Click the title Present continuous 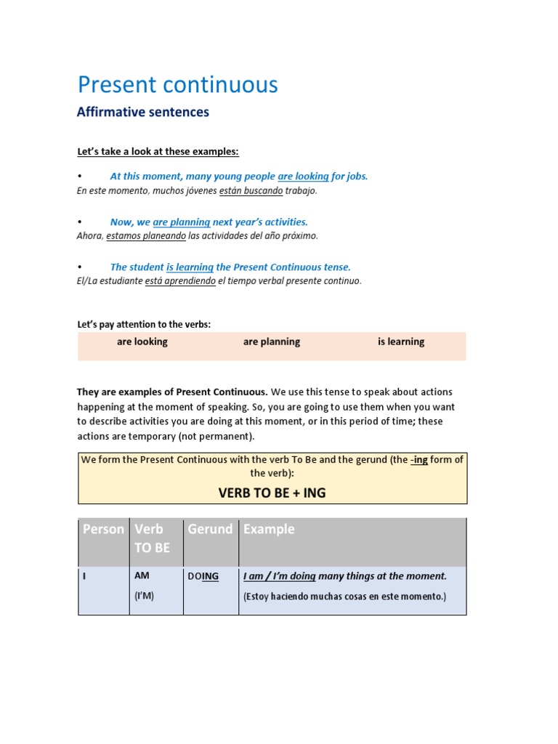(177, 85)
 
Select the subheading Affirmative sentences (143, 112)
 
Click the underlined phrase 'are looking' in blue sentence (303, 177)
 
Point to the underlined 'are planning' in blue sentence (181, 222)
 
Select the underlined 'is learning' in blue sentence (190, 267)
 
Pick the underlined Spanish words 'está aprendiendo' (180, 281)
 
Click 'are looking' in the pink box (142, 341)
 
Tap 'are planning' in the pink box (271, 341)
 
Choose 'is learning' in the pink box (401, 341)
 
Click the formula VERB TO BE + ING (272, 493)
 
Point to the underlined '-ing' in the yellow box (418, 460)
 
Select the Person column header (103, 530)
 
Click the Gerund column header (210, 530)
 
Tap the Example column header (269, 530)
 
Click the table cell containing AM (142, 575)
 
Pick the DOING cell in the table (203, 576)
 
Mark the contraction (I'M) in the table (144, 597)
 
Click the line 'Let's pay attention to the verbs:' (144, 325)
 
